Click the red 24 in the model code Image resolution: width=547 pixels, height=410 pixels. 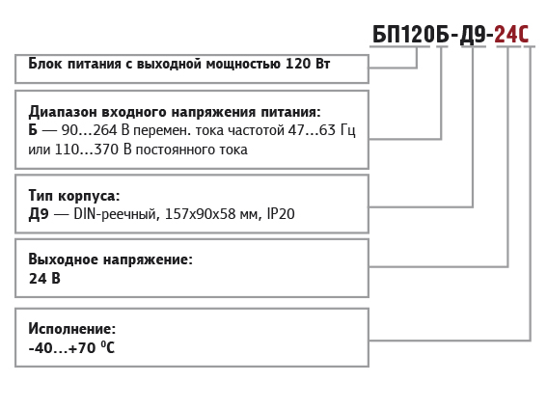pyautogui.click(x=506, y=34)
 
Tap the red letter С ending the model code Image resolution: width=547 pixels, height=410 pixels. pyautogui.click(x=524, y=34)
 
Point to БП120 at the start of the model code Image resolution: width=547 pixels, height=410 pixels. pyautogui.click(x=403, y=34)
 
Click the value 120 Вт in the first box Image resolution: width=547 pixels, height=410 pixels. pyautogui.click(x=308, y=64)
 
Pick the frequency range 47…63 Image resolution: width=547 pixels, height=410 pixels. pyautogui.click(x=312, y=130)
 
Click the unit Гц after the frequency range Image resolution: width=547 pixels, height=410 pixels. pyautogui.click(x=348, y=131)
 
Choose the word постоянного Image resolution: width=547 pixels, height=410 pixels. pyautogui.click(x=175, y=150)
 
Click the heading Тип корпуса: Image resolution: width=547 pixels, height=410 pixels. pyautogui.click(x=74, y=196)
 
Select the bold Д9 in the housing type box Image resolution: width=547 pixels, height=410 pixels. pyautogui.click(x=39, y=214)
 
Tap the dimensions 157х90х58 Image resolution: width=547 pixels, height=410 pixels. pyautogui.click(x=201, y=214)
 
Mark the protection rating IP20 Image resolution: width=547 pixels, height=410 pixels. pyautogui.click(x=281, y=214)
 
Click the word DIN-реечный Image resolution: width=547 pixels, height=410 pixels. pyautogui.click(x=117, y=214)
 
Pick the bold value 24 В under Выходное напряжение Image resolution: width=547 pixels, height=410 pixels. pyautogui.click(x=44, y=279)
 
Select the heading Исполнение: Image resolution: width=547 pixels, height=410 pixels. pyautogui.click(x=71, y=329)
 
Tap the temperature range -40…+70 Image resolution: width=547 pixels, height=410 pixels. pyautogui.click(x=62, y=348)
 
